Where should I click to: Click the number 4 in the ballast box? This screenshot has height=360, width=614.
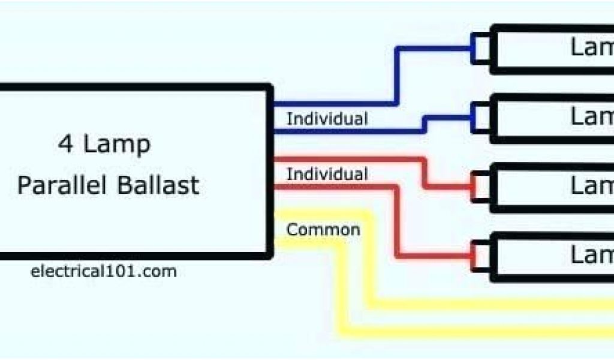coord(64,145)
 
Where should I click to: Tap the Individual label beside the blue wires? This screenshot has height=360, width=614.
coord(327,119)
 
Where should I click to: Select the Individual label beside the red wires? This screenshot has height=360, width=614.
coord(327,175)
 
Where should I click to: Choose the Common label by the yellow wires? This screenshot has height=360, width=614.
coord(323,230)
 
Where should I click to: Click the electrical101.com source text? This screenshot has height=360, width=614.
coord(103,271)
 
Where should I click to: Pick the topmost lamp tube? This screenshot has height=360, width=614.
coord(552,49)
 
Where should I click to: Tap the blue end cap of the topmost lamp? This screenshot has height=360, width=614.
coord(480,49)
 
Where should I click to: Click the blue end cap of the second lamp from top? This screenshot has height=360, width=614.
coord(480,117)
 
